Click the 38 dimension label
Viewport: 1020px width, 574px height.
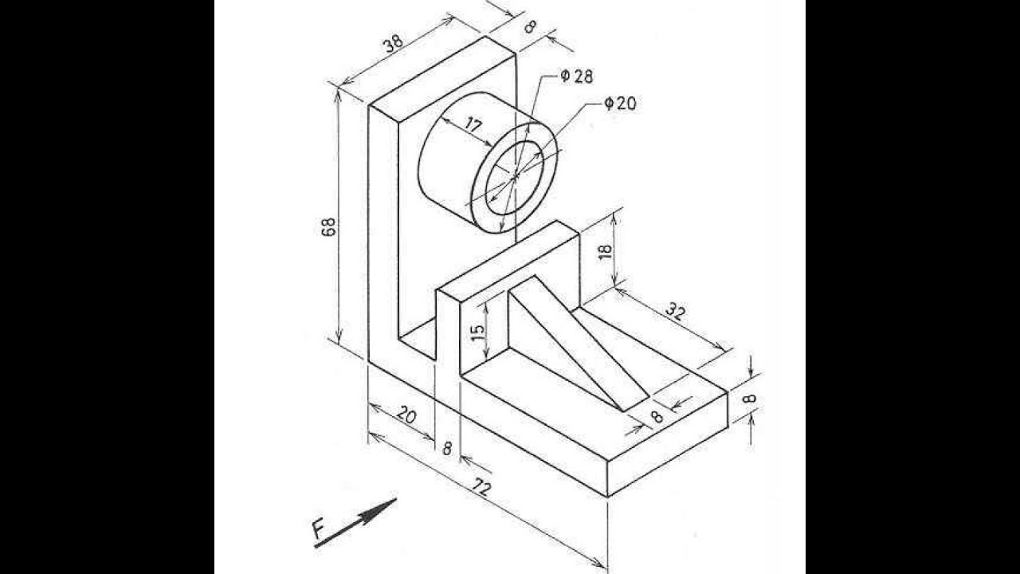click(x=393, y=43)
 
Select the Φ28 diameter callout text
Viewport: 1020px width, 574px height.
click(x=576, y=76)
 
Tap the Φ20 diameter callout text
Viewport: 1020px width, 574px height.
click(x=620, y=104)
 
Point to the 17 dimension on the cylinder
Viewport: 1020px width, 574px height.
click(x=473, y=124)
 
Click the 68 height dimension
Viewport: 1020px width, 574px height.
click(x=329, y=226)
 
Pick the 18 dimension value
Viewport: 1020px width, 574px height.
click(x=606, y=251)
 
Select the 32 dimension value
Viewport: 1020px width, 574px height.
click(x=675, y=312)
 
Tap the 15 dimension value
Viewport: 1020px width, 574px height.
click(x=477, y=333)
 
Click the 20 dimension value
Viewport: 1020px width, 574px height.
click(x=406, y=415)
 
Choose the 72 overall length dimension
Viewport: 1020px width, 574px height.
click(x=482, y=488)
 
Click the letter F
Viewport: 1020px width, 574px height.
click(x=319, y=530)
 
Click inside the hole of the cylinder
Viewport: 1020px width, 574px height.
click(x=515, y=178)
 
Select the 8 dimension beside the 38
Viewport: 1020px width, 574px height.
click(x=530, y=27)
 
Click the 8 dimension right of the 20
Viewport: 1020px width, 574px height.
click(x=447, y=449)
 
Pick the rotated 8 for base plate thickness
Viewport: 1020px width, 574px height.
click(x=749, y=399)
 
